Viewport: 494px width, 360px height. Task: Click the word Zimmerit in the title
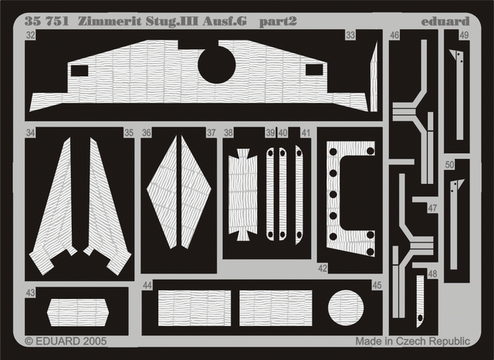tap(110, 21)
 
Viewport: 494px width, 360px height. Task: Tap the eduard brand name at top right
tap(445, 22)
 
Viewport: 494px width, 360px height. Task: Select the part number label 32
tap(30, 35)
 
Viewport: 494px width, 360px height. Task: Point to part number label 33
tap(350, 35)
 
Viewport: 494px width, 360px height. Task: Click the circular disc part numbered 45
tap(346, 307)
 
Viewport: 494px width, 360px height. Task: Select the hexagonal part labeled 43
tap(78, 312)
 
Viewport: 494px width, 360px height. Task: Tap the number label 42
tap(323, 268)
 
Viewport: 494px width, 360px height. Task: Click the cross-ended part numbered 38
tap(242, 195)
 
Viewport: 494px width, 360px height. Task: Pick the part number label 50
tap(450, 165)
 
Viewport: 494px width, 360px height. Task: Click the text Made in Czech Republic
tap(413, 341)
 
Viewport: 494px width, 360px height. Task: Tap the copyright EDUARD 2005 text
tap(66, 341)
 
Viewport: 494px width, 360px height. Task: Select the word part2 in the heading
tap(278, 21)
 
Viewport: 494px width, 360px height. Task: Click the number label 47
tap(432, 208)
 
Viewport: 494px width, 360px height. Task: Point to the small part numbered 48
tap(420, 301)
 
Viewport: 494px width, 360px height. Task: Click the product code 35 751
tap(46, 21)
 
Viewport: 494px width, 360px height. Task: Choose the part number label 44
tap(147, 285)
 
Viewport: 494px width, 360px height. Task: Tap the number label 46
tap(394, 35)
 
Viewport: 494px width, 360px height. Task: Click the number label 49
tap(464, 35)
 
